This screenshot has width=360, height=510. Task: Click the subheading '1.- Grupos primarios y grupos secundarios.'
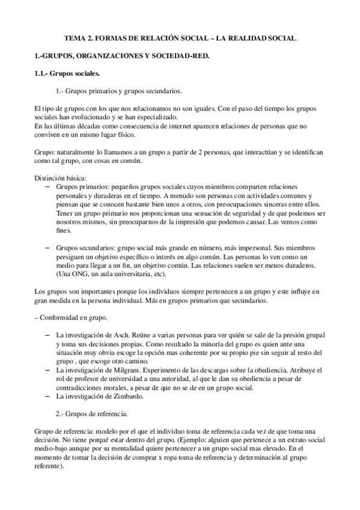pyautogui.click(x=118, y=91)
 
